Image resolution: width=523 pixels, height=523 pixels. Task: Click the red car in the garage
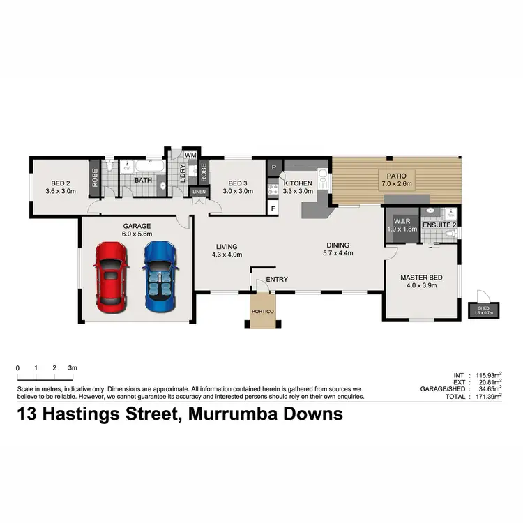coord(112,277)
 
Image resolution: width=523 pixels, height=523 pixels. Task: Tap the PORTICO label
coord(263,310)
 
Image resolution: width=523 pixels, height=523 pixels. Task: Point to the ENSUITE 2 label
coord(439,225)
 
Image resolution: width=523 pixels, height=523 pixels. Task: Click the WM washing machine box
coord(190,154)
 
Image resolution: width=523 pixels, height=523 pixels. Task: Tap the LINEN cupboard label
coord(199,191)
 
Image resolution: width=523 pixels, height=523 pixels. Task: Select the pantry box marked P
coord(273,167)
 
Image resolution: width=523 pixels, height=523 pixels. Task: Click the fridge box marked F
coord(273,208)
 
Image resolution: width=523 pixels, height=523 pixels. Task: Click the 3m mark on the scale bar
coord(73,367)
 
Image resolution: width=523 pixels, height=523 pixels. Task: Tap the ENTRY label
coord(277,280)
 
